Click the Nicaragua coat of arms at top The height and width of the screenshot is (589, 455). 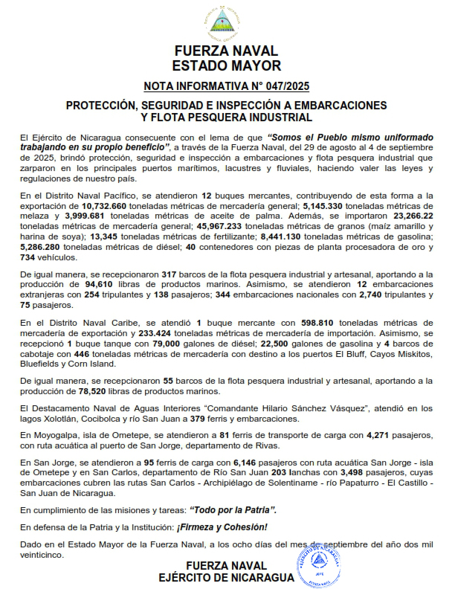pos(226,24)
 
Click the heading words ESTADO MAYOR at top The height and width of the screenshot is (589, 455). pos(226,65)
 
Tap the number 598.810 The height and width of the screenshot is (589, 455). pos(317,324)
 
